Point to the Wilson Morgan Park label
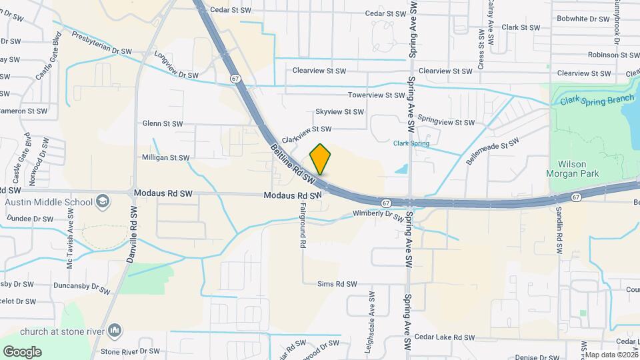[x=577, y=168]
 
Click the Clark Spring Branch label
[x=597, y=101]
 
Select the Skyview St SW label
[x=339, y=112]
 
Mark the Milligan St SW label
[x=166, y=158]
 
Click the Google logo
[x=22, y=351]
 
